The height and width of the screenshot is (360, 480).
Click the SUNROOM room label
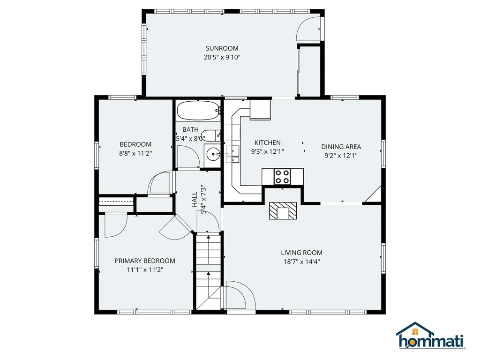[222, 48]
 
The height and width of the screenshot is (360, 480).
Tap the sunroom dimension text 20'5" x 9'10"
[222, 57]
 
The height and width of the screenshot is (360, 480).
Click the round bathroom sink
[213, 153]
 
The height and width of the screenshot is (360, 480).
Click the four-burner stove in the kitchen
[283, 176]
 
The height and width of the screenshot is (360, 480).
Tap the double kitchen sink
[232, 155]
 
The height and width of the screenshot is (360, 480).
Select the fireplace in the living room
[283, 211]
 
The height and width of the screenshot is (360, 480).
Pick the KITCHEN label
[267, 142]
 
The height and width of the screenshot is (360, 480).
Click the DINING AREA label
[341, 147]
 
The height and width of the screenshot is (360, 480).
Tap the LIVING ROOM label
[301, 253]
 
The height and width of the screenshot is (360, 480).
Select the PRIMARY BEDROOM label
[145, 261]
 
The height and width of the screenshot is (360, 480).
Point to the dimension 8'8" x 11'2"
[135, 153]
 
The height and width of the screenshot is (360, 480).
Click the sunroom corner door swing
[307, 29]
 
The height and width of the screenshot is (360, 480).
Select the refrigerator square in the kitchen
[260, 110]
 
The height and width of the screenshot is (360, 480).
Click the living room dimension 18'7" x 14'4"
[301, 262]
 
